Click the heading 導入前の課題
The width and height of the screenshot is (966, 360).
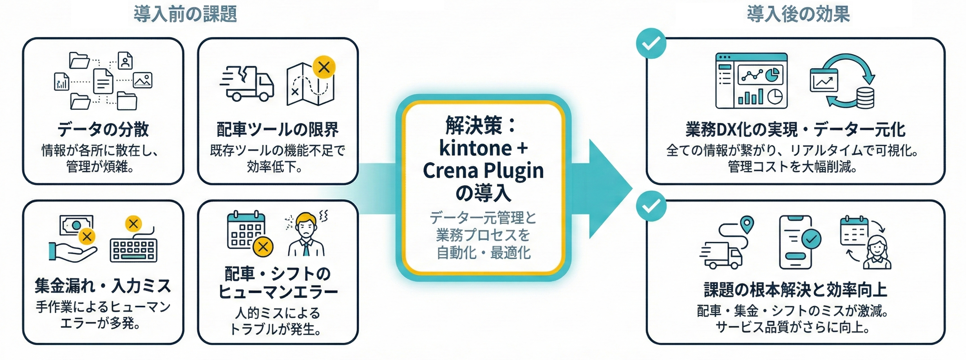pos(185,14)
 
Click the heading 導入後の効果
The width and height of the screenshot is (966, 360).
pos(798,14)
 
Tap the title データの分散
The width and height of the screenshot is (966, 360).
pos(103,130)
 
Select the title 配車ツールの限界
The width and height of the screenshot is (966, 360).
pos(278,130)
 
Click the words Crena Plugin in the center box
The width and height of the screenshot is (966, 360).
pos(483,171)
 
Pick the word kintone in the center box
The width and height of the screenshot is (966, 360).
pos(475,148)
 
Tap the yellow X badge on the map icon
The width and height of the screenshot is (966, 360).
pos(324,68)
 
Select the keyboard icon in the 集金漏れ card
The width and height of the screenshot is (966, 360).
pos(133,249)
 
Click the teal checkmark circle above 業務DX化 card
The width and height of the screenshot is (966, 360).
pos(651,43)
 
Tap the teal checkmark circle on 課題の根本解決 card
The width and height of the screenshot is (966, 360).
pos(651,206)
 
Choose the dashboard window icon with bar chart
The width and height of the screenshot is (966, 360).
pos(751,81)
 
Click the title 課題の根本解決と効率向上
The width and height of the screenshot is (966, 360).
pos(795,290)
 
